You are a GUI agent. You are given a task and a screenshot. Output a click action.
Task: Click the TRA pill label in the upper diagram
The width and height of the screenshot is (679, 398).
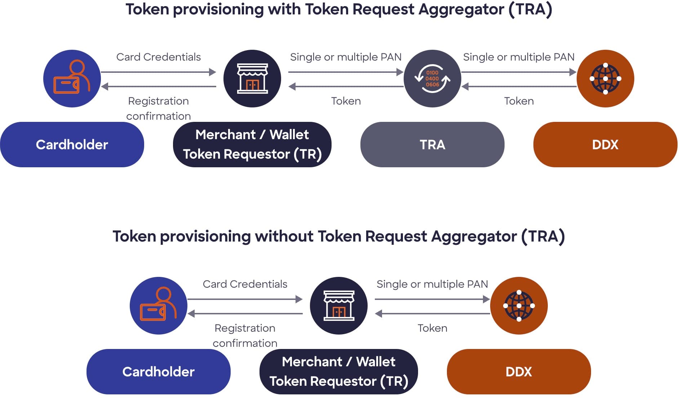click(x=432, y=145)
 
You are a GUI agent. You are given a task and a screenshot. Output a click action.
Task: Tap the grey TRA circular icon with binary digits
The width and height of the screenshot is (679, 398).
click(x=432, y=79)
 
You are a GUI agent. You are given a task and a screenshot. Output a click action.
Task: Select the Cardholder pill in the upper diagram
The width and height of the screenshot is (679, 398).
click(x=72, y=145)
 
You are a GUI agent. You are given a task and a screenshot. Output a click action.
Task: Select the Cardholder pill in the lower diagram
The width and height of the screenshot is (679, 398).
click(x=158, y=372)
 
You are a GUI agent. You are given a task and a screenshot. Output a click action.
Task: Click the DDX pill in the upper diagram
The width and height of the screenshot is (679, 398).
click(x=605, y=145)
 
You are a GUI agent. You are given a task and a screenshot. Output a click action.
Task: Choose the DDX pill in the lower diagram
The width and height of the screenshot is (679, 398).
click(x=519, y=372)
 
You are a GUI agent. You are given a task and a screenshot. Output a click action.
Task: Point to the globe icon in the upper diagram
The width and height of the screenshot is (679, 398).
click(x=605, y=79)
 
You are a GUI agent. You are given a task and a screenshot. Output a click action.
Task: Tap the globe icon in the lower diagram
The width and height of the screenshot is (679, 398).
click(x=519, y=306)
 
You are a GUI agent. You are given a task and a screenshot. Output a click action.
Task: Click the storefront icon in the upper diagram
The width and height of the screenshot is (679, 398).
click(x=252, y=79)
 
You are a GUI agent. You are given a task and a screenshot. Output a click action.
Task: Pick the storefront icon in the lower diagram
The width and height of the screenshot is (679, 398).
click(x=339, y=306)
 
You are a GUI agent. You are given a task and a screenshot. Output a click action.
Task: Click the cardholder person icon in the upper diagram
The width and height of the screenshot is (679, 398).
click(x=72, y=79)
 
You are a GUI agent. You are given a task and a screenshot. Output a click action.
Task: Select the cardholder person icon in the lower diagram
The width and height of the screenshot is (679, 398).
click(x=158, y=306)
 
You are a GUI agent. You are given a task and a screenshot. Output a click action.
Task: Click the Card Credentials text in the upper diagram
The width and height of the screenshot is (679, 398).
click(x=158, y=57)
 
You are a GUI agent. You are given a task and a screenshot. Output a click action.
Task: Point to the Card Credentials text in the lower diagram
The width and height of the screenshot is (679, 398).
click(x=245, y=284)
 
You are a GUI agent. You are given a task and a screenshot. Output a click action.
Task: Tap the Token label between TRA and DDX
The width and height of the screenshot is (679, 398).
click(x=519, y=101)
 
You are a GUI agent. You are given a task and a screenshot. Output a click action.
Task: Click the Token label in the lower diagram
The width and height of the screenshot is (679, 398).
click(x=432, y=328)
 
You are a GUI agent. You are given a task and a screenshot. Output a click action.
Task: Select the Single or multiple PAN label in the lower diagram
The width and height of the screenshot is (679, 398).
click(x=432, y=284)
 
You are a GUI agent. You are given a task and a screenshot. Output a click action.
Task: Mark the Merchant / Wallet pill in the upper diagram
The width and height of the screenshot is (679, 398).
click(x=252, y=145)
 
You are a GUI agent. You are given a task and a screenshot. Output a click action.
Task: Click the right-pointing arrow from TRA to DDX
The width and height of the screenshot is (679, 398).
click(x=519, y=72)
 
